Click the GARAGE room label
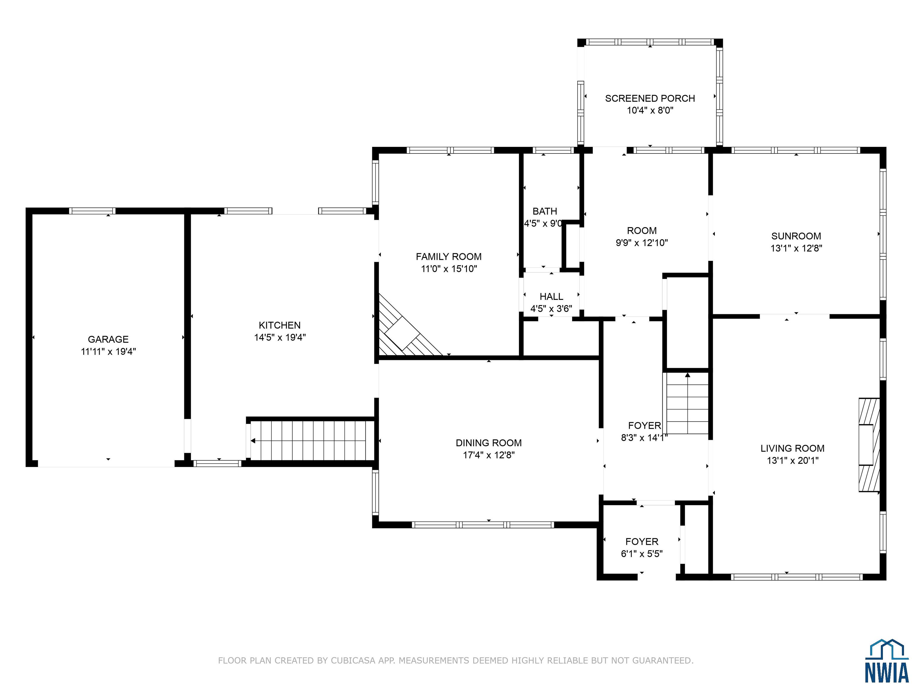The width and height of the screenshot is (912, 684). coord(108,339)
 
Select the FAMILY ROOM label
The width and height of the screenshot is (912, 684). coord(449,256)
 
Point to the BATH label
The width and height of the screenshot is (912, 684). coord(545,211)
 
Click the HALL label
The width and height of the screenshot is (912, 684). coord(551,297)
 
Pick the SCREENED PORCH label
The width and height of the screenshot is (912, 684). coord(650,98)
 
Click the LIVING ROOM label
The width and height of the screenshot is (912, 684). coord(792,448)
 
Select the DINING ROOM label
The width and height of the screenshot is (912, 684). coord(489,443)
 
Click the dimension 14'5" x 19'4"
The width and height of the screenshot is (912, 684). coord(280,337)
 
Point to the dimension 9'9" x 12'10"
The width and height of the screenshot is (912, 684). coord(642,243)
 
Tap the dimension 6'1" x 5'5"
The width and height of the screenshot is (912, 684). coord(642,554)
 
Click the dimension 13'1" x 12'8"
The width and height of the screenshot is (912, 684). coord(796,248)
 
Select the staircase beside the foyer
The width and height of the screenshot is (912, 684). coord(687,403)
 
